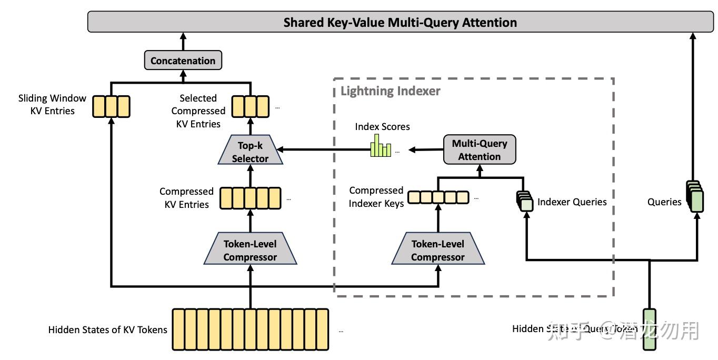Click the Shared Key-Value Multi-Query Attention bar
click(400, 23)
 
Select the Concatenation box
click(183, 61)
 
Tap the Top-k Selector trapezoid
click(250, 152)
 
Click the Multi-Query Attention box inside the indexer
click(479, 150)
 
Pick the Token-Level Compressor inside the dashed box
click(437, 251)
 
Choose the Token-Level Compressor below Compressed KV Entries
click(250, 251)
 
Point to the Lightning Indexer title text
click(390, 91)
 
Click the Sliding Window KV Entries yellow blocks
click(111, 106)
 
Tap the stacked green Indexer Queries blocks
click(524, 202)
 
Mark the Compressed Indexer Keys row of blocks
click(438, 197)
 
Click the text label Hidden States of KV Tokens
click(107, 330)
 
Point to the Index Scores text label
click(382, 127)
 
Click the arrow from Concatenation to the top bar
click(183, 41)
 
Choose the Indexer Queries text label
click(572, 202)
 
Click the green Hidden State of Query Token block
click(650, 329)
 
